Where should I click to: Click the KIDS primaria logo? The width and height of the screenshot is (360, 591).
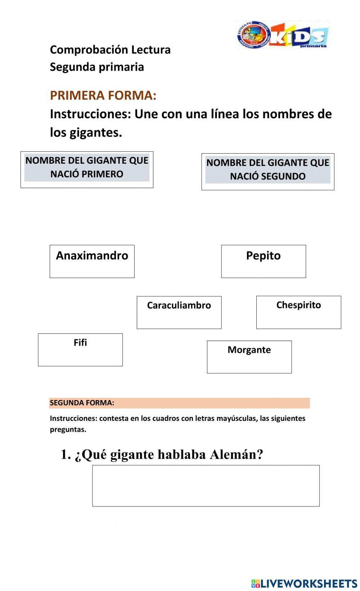click(283, 35)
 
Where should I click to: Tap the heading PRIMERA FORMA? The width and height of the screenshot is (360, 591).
click(103, 95)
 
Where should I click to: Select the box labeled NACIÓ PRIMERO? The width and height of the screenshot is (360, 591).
click(87, 169)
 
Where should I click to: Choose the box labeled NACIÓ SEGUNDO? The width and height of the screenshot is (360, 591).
click(267, 172)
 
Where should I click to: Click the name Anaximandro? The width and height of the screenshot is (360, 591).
click(92, 256)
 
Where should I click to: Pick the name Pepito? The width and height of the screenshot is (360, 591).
click(263, 256)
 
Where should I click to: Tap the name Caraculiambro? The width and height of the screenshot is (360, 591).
click(179, 305)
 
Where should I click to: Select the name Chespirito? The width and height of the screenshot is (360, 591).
click(298, 305)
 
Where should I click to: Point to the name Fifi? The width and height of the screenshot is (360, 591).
click(80, 343)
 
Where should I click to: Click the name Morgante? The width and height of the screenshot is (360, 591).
click(249, 350)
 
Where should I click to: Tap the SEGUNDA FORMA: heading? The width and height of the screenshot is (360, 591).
click(82, 403)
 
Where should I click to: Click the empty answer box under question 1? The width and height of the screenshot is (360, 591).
click(206, 486)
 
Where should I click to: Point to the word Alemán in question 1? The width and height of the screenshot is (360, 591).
click(236, 454)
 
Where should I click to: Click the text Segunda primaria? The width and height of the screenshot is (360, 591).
click(97, 67)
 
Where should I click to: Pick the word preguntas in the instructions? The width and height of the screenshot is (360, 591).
click(68, 429)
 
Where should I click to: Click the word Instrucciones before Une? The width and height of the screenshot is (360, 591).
click(90, 114)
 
